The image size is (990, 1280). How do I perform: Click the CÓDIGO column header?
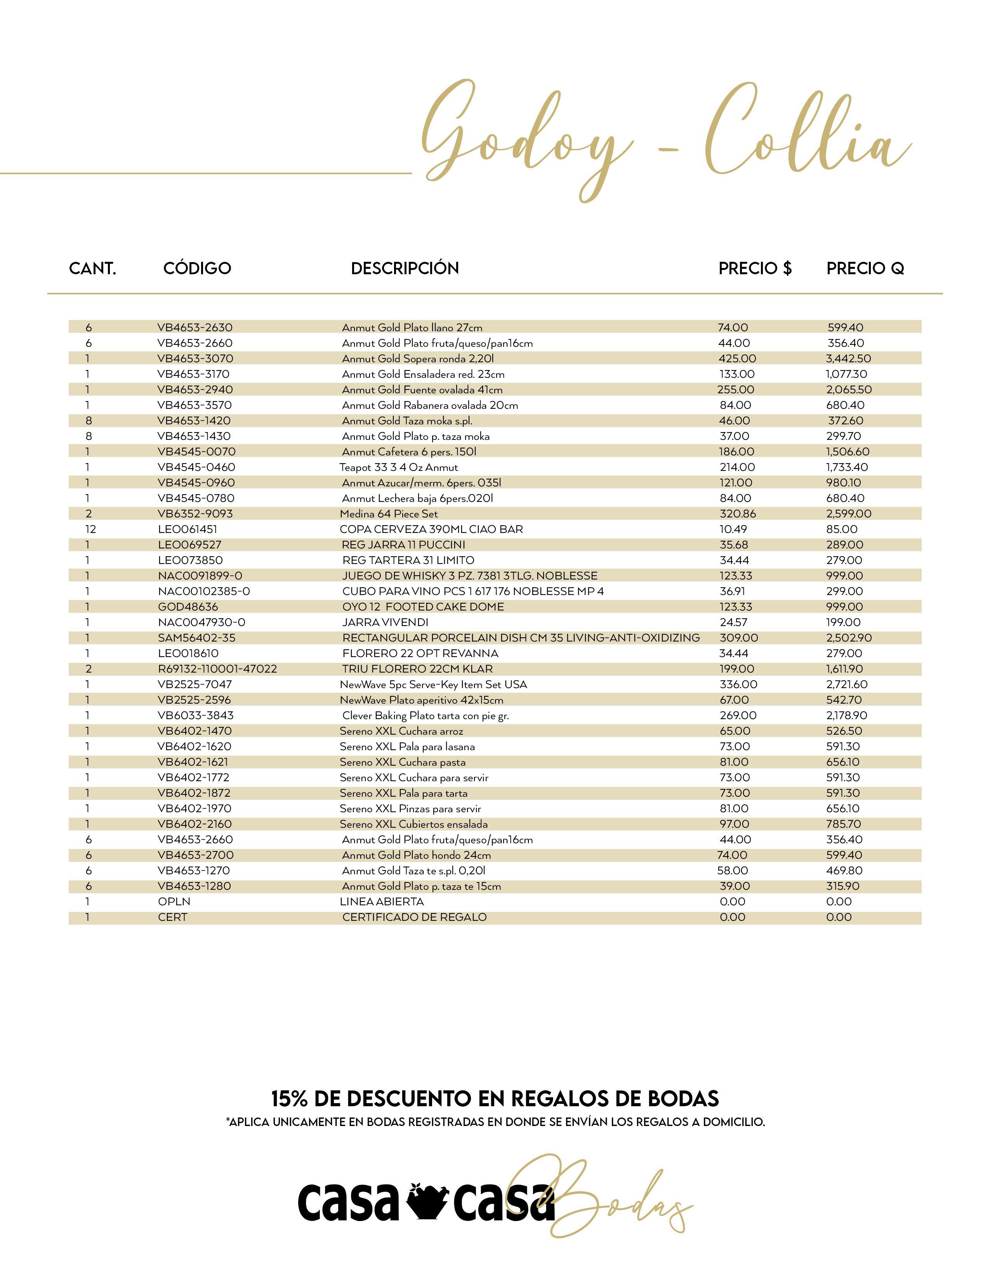coord(197,268)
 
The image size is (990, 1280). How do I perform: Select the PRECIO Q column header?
coord(865,268)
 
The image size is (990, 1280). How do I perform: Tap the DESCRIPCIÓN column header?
coord(405,268)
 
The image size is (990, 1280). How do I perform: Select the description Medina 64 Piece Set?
coord(389,514)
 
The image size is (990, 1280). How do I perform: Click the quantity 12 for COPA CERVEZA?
coord(90,529)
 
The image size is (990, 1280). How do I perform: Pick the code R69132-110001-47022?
coord(217,669)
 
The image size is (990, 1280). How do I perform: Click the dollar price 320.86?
coord(738,514)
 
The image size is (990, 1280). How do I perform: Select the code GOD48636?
coord(188,607)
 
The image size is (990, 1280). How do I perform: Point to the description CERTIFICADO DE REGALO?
coord(414,917)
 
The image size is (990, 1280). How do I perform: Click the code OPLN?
coord(174,901)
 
